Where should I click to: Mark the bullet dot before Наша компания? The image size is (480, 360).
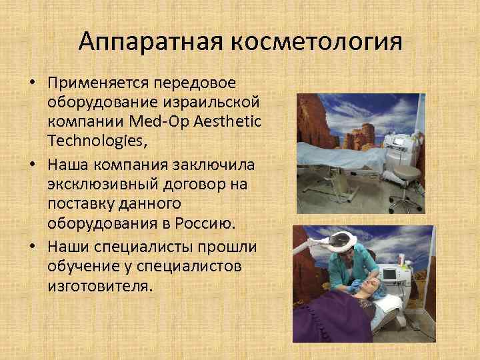click(x=33, y=164)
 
